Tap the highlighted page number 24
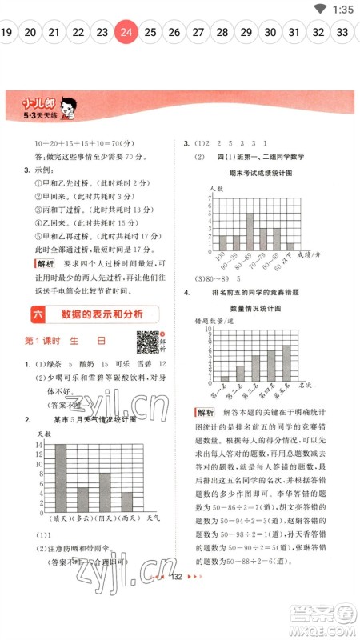pyautogui.click(x=126, y=32)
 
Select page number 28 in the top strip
pyautogui.click(x=222, y=32)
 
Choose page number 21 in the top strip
pyautogui.click(x=54, y=32)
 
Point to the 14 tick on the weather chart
pyautogui.click(x=38, y=444)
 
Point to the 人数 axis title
pyautogui.click(x=217, y=188)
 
